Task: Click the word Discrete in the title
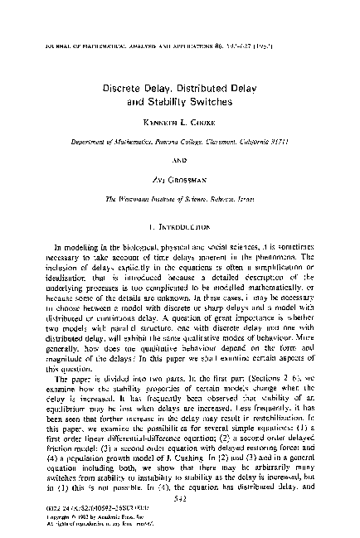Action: point(125,85)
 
